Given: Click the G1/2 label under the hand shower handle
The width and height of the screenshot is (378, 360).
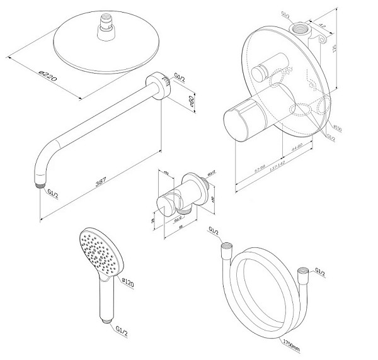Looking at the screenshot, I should click(x=123, y=329).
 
